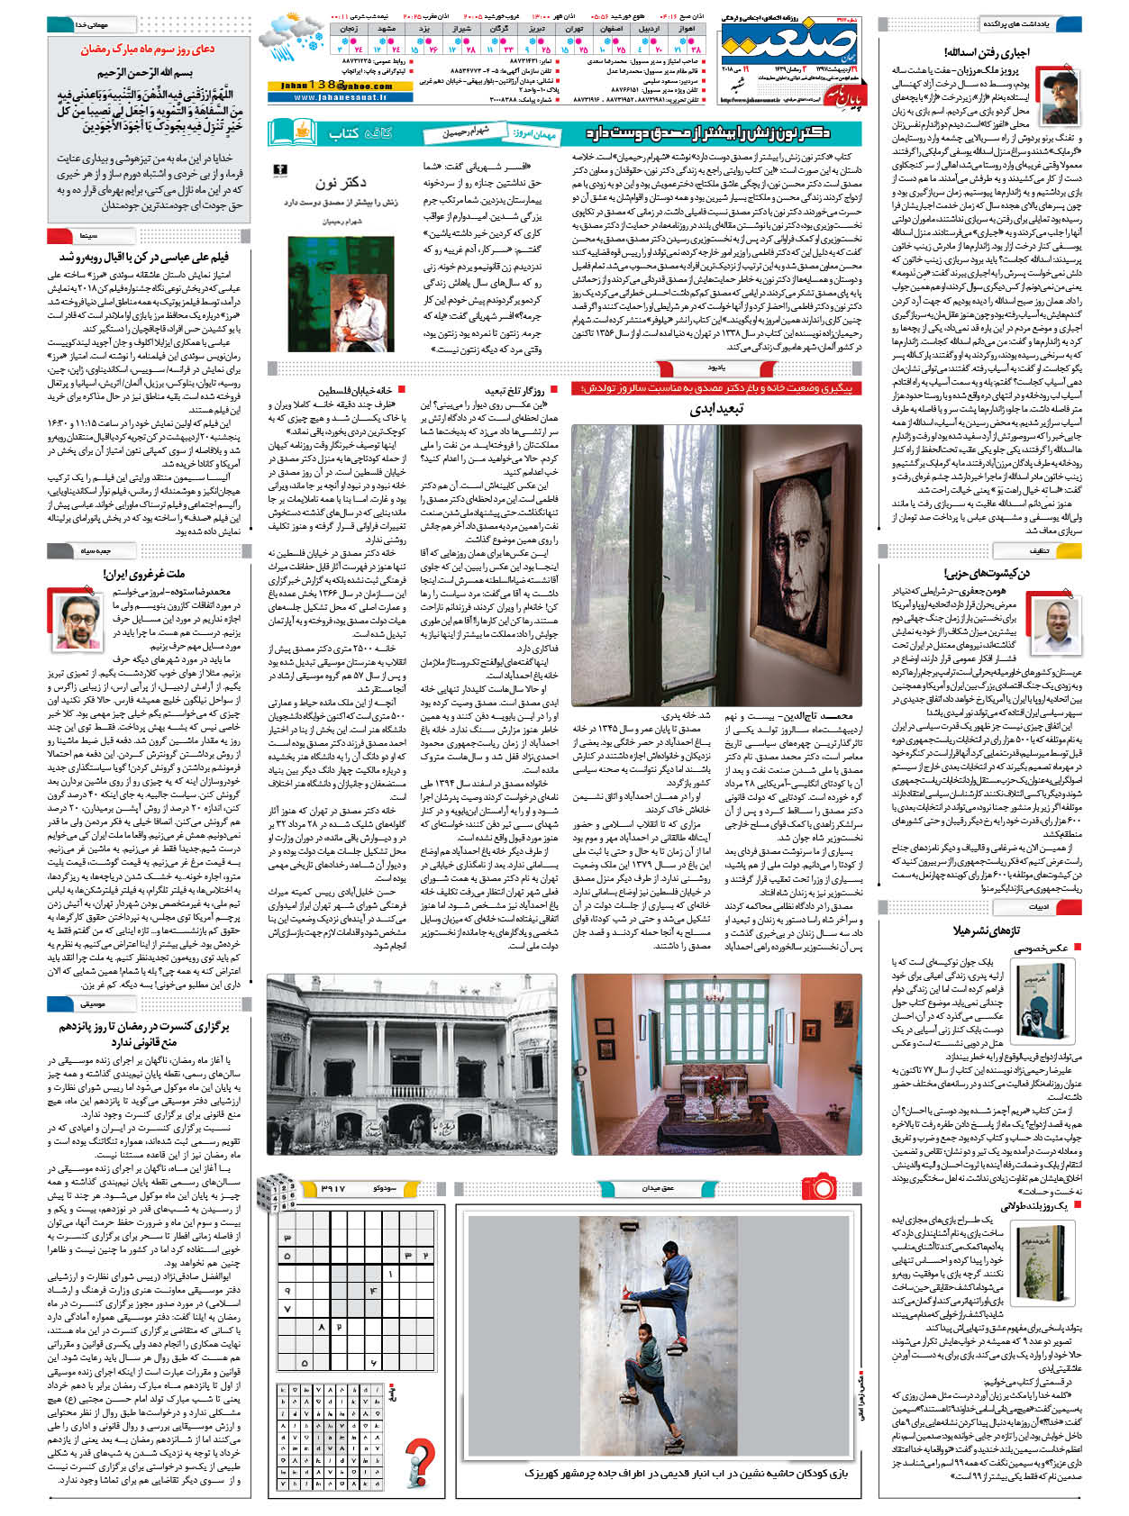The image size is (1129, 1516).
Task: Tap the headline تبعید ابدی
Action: [x=715, y=408]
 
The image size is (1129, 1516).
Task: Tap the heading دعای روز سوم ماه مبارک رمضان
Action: [x=149, y=50]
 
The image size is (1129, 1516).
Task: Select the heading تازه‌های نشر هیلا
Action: [x=986, y=930]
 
